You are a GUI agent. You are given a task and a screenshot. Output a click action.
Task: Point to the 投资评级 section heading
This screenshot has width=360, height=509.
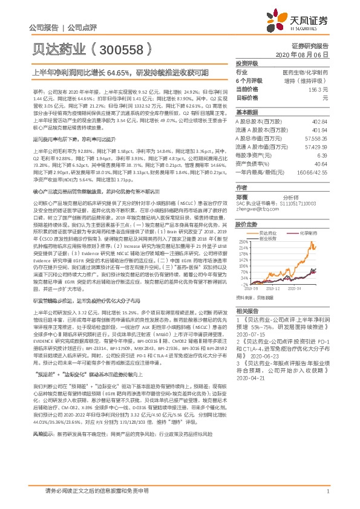pos(246,63)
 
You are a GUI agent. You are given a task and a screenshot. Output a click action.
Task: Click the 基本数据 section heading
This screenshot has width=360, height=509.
pos(246,112)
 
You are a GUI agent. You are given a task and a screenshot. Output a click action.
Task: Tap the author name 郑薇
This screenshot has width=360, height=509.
pos(242,196)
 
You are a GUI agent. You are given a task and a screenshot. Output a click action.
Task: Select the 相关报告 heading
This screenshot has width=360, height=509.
pos(246,310)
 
